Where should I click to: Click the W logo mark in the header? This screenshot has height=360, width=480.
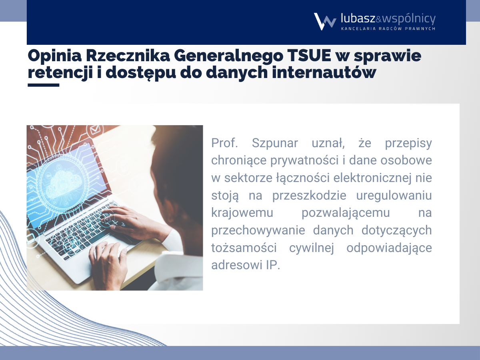click(x=325, y=22)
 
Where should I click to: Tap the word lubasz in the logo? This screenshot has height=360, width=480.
click(x=358, y=18)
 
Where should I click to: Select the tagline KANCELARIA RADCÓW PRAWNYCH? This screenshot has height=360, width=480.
click(x=388, y=29)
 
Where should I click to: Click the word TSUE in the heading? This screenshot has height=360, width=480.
click(x=309, y=56)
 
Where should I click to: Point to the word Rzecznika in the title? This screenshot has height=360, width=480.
click(x=128, y=56)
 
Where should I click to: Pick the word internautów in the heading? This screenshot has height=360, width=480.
click(x=324, y=72)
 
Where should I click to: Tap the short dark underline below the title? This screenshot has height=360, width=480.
click(x=44, y=85)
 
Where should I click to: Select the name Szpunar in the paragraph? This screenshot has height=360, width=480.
click(x=275, y=143)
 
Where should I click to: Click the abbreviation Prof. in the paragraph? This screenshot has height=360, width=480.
click(x=224, y=143)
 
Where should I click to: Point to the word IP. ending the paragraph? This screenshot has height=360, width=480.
click(x=273, y=265)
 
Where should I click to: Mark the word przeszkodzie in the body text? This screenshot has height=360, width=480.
click(x=309, y=196)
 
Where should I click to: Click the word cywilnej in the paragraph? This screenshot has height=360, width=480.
click(x=312, y=248)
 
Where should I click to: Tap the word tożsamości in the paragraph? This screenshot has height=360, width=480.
click(x=244, y=248)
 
